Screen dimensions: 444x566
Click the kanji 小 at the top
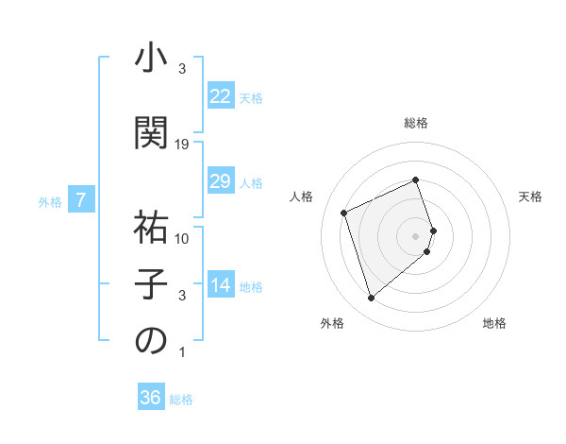click(151, 60)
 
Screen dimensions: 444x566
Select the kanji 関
click(151, 131)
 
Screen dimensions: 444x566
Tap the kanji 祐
click(151, 227)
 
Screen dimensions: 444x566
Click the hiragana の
click(151, 341)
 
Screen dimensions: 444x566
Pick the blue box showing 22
click(221, 96)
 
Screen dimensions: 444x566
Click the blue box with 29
click(221, 181)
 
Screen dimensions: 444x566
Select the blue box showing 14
click(221, 285)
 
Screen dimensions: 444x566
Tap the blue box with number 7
click(81, 200)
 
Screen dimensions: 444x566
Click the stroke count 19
click(182, 144)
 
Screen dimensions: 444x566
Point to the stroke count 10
click(182, 239)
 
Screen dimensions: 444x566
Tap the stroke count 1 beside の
click(182, 352)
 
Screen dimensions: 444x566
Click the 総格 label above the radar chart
click(416, 123)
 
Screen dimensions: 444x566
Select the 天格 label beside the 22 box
click(251, 97)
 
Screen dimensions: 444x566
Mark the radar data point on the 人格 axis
click(344, 213)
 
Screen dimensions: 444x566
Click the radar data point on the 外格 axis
click(371, 299)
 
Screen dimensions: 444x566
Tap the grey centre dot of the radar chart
click(416, 235)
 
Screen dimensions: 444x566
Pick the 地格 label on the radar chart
click(494, 324)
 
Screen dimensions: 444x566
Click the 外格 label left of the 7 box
click(50, 201)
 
